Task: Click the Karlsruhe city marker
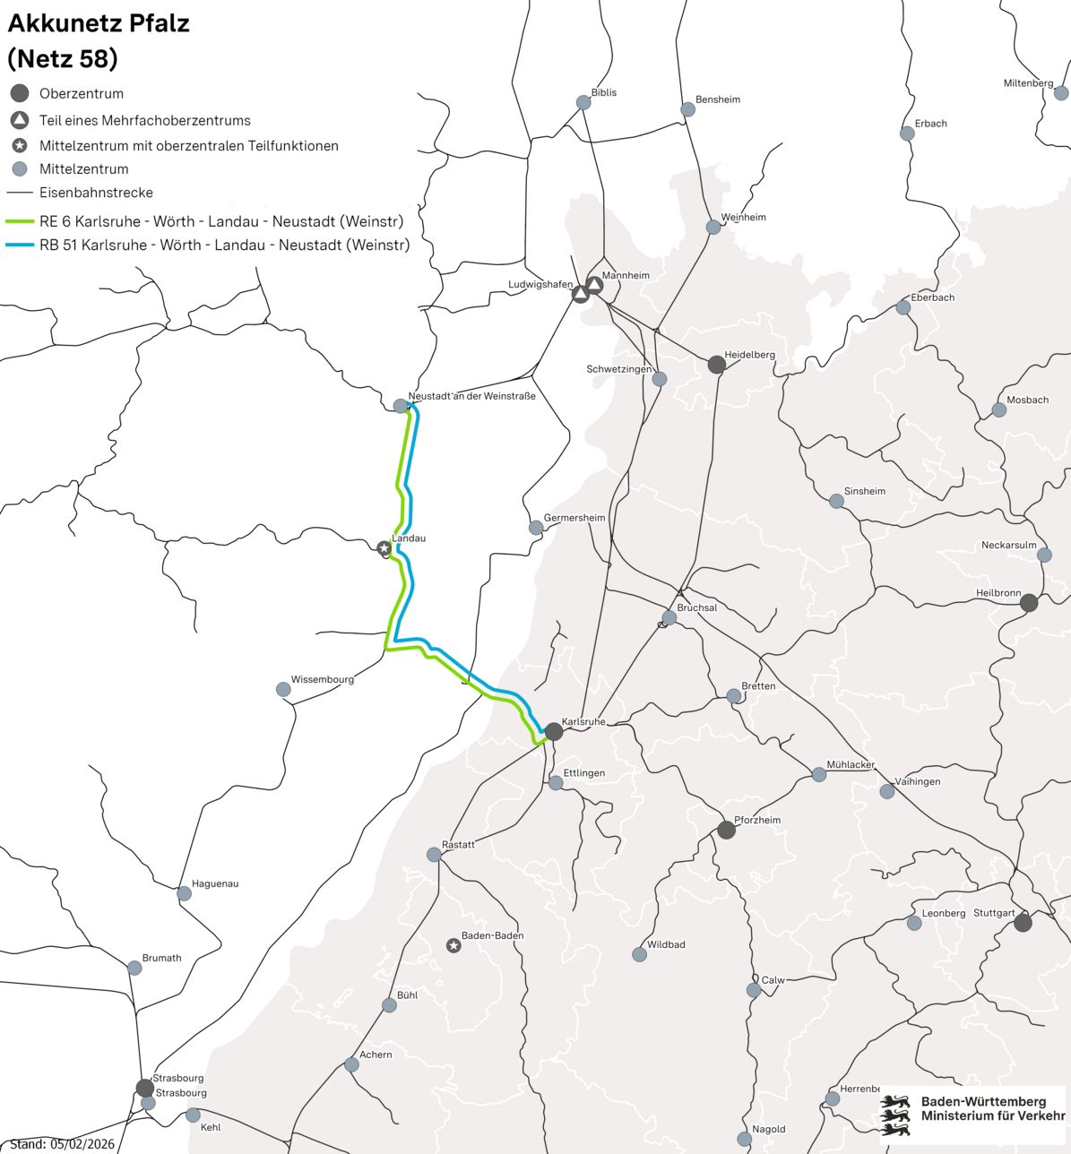click(554, 731)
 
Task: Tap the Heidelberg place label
click(749, 355)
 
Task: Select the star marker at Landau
click(384, 547)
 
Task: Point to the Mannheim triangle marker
click(594, 285)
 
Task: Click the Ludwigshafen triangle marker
click(581, 293)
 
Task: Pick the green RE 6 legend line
click(20, 221)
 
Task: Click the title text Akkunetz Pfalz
click(99, 23)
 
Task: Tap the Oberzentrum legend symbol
click(20, 93)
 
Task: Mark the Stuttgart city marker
click(1023, 922)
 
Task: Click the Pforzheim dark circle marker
click(727, 830)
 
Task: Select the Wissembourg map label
click(323, 679)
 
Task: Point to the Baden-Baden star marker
click(453, 945)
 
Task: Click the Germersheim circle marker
click(536, 528)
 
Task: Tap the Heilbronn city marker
click(1029, 603)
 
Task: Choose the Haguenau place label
click(215, 883)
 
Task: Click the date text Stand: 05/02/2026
click(62, 1144)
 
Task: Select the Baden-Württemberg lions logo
click(894, 1115)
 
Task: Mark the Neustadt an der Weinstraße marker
click(401, 406)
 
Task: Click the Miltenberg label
click(1028, 83)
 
